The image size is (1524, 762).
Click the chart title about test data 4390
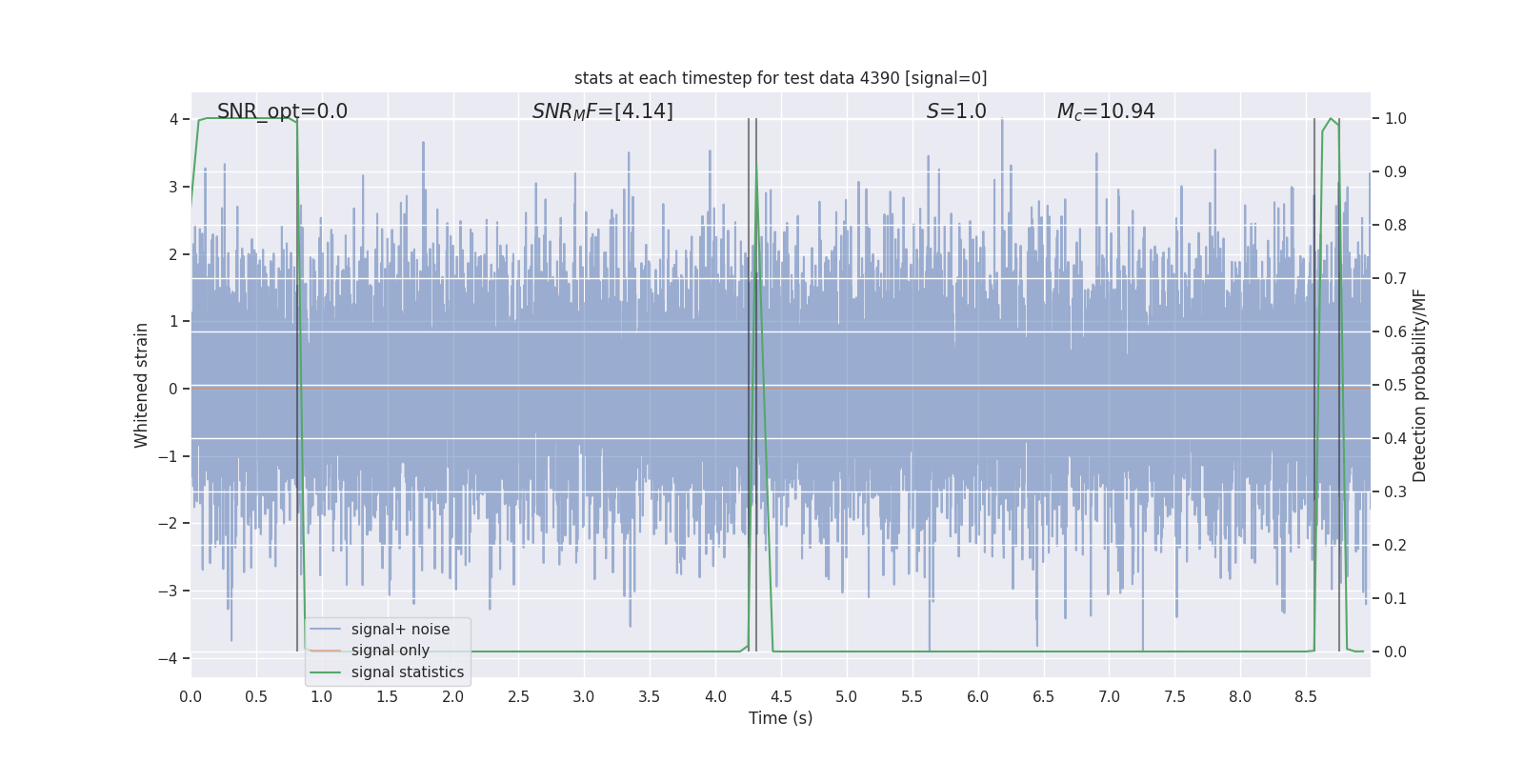[x=780, y=78]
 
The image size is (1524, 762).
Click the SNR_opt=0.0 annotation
[x=282, y=111]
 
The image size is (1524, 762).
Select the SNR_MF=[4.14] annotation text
[x=602, y=111]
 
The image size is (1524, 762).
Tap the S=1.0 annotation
[x=956, y=111]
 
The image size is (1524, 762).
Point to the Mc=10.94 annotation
[x=1106, y=111]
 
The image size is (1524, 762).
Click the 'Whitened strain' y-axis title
[x=142, y=385]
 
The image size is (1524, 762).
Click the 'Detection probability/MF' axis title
[x=1419, y=385]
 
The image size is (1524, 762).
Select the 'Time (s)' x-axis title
[x=780, y=718]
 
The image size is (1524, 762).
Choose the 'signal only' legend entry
[x=390, y=651]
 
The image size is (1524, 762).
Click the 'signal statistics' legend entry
[x=407, y=672]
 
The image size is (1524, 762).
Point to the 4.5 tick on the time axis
[x=781, y=697]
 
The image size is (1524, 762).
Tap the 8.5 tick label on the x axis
[x=1306, y=697]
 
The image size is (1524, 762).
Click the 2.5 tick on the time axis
[x=518, y=697]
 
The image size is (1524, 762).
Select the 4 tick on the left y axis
[x=173, y=119]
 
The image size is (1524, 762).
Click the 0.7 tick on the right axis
[x=1395, y=279]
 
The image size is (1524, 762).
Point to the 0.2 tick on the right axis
[x=1395, y=546]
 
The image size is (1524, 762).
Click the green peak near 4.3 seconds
[x=757, y=170]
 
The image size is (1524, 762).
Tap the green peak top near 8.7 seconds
[x=1331, y=119]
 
